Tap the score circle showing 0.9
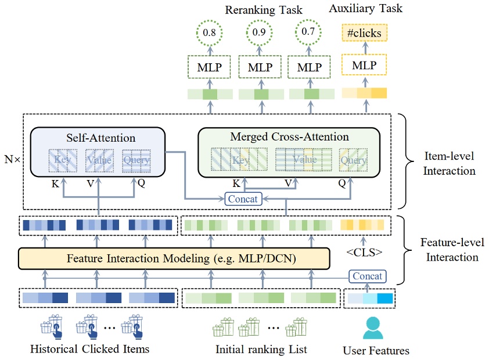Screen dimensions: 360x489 [260, 34]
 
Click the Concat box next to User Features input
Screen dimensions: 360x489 [366, 276]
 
